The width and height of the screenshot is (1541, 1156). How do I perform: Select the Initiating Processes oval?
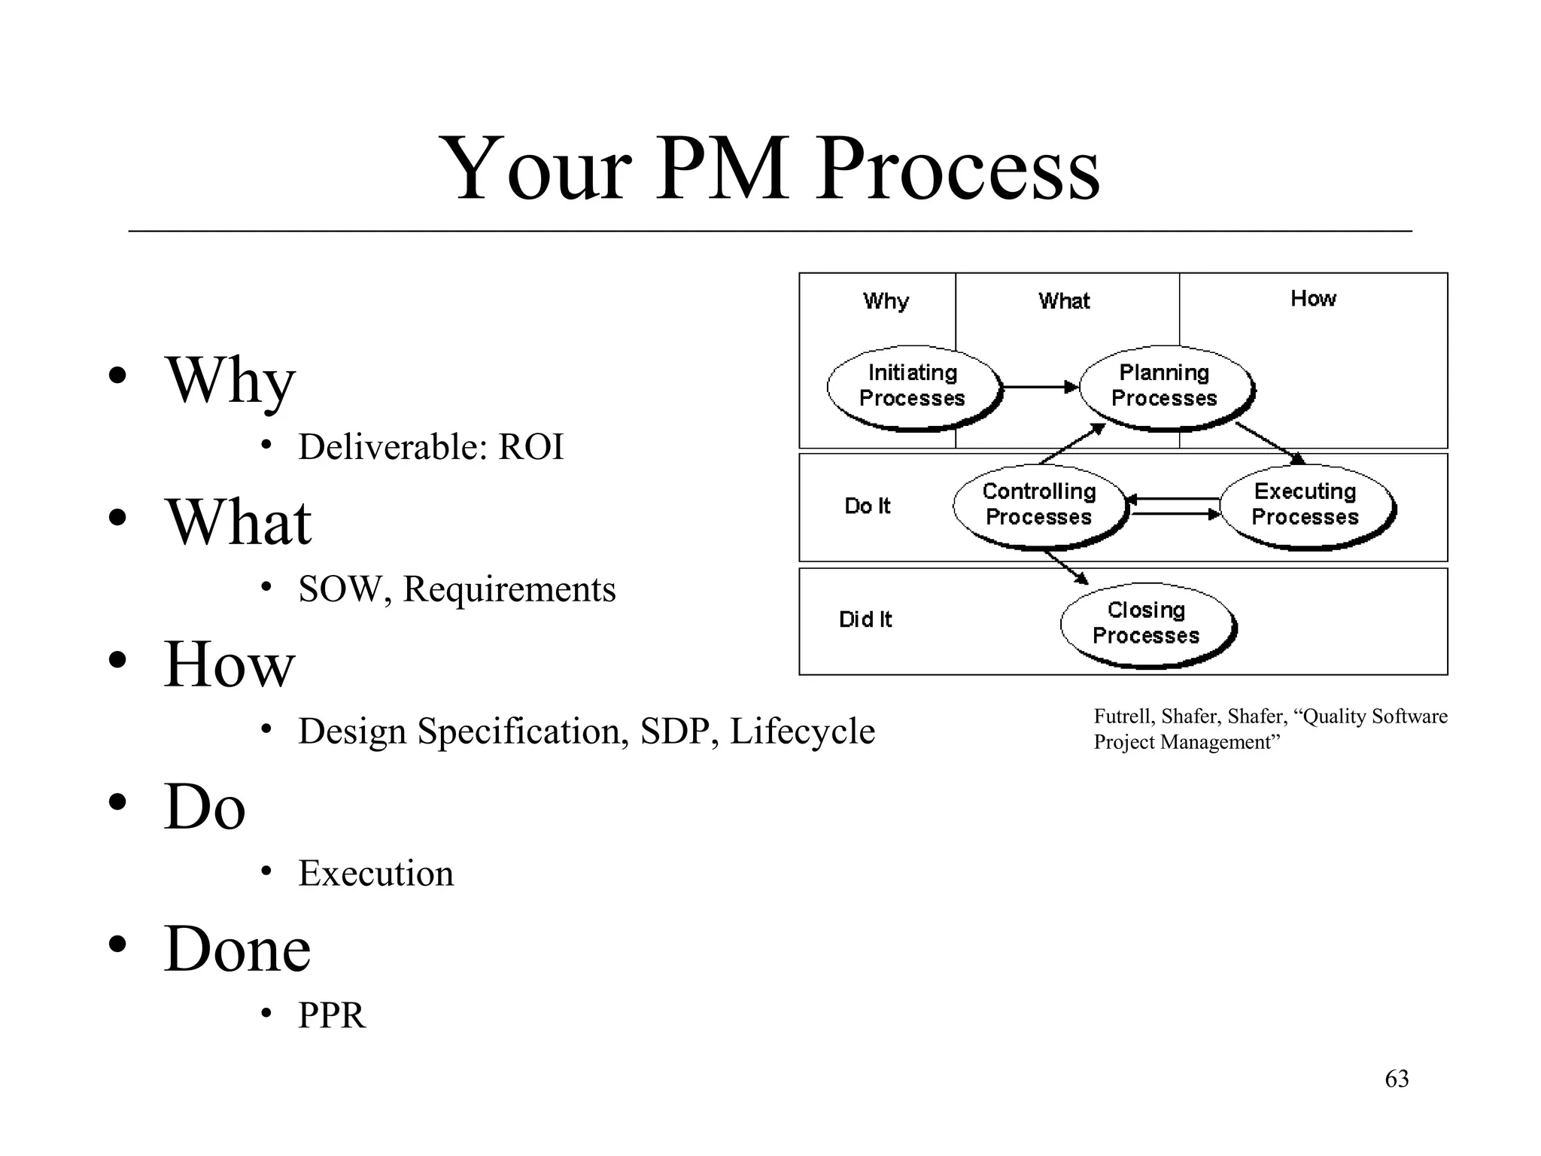pos(913,387)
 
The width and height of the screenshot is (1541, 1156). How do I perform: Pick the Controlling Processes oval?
pos(1039,505)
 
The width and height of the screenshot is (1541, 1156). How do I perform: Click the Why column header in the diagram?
pos(886,301)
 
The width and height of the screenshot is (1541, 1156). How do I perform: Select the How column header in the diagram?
pos(1313,299)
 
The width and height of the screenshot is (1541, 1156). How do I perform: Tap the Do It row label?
pos(867,506)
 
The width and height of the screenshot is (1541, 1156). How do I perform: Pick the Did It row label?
pos(865,619)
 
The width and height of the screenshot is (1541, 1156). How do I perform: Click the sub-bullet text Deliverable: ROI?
pos(430,447)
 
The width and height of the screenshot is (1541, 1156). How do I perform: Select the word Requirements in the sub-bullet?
pos(509,589)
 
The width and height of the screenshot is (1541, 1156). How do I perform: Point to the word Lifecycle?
pos(802,731)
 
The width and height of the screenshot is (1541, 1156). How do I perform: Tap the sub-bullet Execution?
pos(375,873)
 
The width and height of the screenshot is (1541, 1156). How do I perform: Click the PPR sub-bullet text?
pos(331,1015)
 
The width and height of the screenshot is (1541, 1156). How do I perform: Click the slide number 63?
pos(1397,1078)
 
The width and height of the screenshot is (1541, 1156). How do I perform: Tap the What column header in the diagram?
pos(1064,301)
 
